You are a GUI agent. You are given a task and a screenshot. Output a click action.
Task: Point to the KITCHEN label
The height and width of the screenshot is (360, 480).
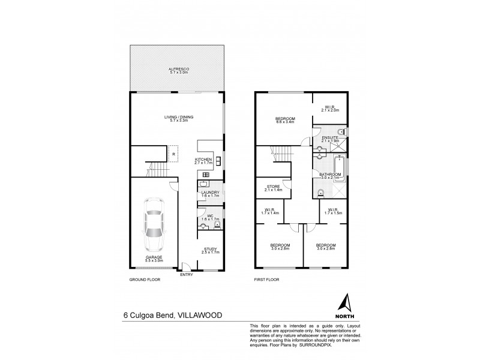[x=203, y=160]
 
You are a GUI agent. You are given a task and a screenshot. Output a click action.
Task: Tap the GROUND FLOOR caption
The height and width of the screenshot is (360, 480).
[x=145, y=280]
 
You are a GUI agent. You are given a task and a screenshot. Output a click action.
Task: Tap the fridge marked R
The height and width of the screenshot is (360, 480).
[x=173, y=155]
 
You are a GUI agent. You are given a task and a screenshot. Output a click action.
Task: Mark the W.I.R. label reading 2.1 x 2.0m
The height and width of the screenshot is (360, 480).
[x=330, y=107]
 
